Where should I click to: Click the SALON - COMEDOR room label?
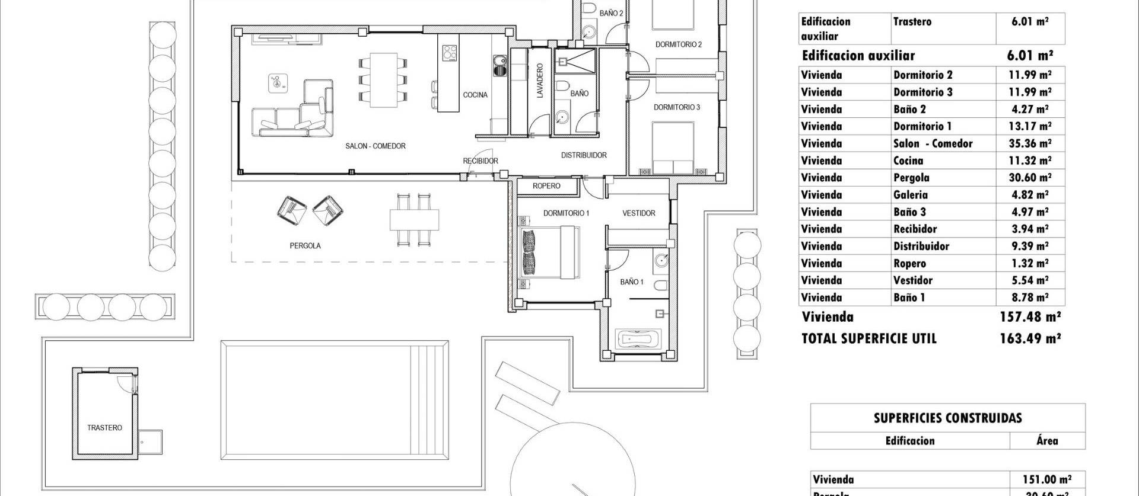(375, 146)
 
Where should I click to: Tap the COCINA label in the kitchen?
(475, 95)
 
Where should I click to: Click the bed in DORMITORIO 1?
(549, 253)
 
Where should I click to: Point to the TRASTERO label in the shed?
(104, 428)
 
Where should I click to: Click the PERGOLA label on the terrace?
(305, 245)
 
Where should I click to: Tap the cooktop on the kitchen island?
(450, 53)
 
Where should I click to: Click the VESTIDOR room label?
(638, 213)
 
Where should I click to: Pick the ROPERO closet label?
(546, 186)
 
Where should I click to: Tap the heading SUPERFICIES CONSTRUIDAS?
(947, 418)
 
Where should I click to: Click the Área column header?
(1047, 441)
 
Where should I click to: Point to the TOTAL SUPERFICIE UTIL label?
(868, 339)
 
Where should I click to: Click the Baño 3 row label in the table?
(909, 212)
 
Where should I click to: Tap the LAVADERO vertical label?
(540, 81)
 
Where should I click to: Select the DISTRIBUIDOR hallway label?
(584, 155)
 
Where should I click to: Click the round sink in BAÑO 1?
(663, 260)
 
